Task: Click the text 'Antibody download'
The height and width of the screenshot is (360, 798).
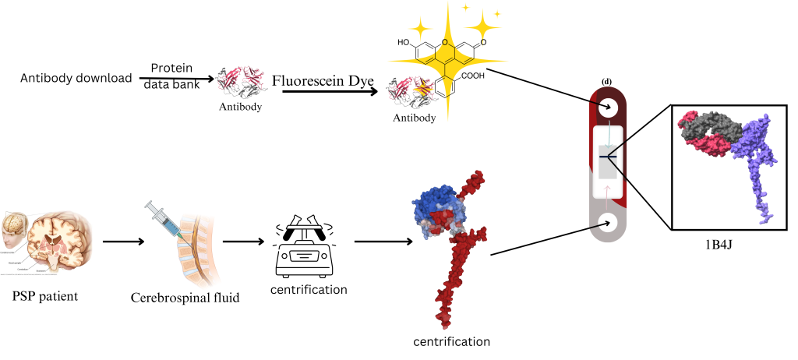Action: (x=76, y=78)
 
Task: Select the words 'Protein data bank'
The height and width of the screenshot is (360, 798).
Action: (x=171, y=75)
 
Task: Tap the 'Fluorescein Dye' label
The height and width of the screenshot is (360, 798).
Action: (x=323, y=80)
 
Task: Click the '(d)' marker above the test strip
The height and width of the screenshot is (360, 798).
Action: (x=606, y=81)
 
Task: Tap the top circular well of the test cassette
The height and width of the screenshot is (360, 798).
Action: (x=607, y=107)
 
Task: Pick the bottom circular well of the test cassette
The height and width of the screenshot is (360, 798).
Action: (x=607, y=224)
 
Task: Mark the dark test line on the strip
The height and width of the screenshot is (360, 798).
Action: (x=607, y=157)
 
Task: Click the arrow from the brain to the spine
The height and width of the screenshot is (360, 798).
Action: (x=123, y=241)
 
